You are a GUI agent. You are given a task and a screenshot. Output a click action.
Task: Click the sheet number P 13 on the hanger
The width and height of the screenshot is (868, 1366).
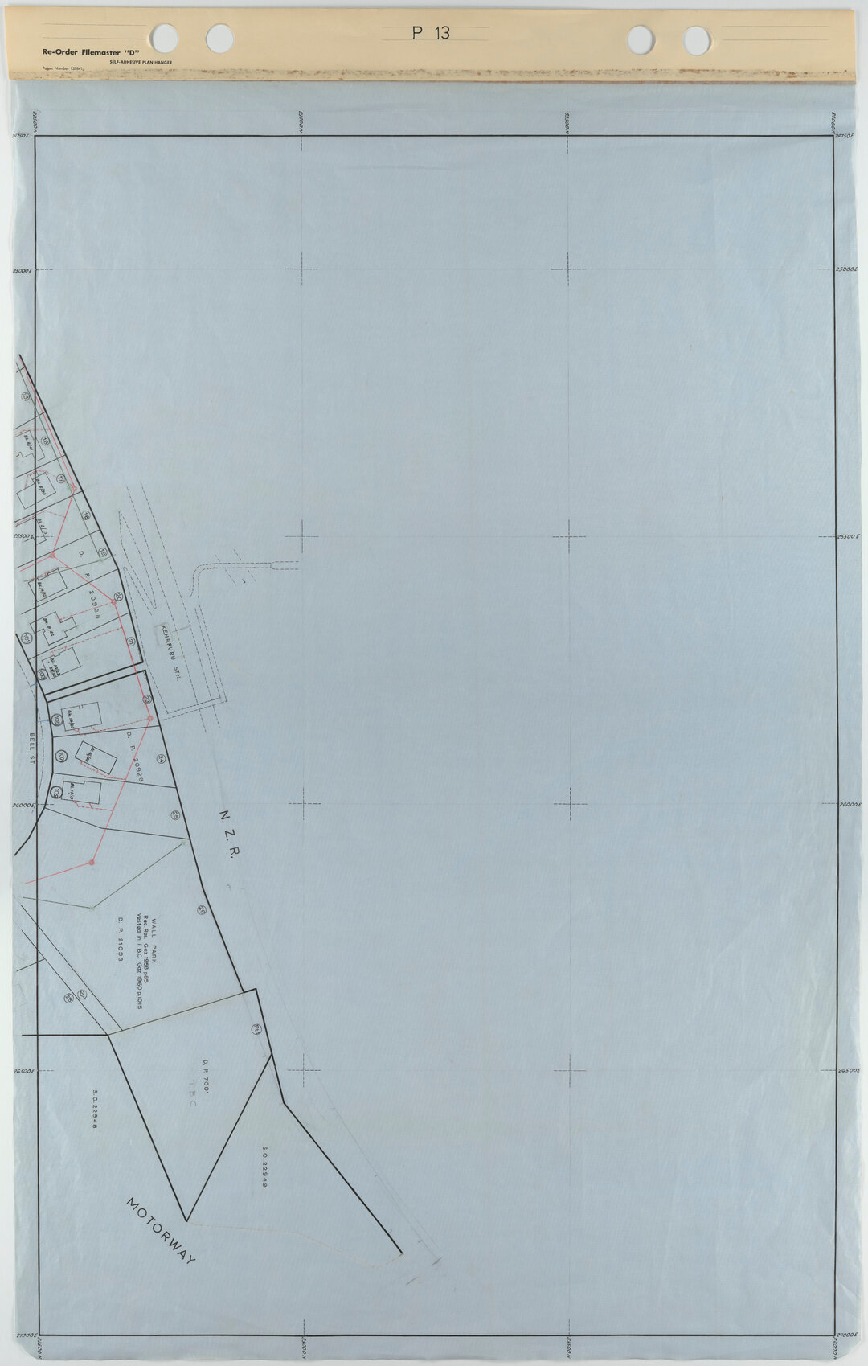(431, 33)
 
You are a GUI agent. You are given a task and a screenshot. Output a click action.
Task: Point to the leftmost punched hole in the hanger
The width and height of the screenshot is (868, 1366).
(165, 35)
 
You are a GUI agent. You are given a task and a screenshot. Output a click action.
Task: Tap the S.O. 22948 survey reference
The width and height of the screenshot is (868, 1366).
(95, 1110)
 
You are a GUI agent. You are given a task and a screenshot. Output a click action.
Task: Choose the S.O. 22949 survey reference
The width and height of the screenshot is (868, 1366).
(264, 1167)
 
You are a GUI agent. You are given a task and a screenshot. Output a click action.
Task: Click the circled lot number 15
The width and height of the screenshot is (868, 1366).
(25, 396)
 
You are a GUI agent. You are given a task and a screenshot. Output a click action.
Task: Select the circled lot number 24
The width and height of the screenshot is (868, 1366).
(162, 758)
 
